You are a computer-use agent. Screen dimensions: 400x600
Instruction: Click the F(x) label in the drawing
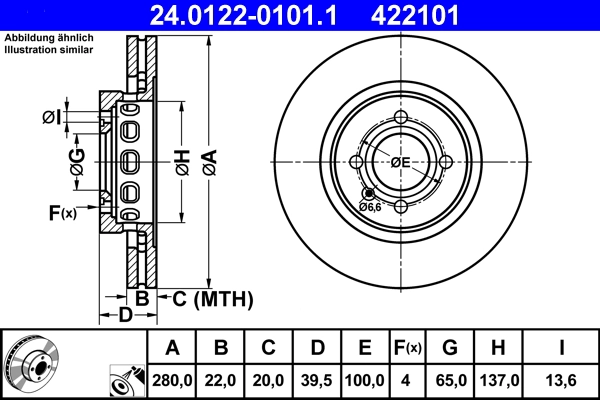pos(61,212)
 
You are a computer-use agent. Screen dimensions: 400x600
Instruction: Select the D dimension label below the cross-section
pos(125,316)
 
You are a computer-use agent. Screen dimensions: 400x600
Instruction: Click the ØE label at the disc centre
pos(401,162)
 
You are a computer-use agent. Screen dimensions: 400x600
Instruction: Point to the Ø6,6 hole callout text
pos(371,207)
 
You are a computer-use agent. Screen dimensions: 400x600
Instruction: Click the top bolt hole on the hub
pos(401,118)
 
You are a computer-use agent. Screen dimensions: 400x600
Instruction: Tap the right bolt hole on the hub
pos(445,162)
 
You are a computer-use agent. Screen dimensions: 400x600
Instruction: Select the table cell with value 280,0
pos(172,380)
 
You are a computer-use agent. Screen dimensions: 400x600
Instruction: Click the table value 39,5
pos(316,380)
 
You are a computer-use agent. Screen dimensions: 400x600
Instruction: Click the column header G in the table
pos(449,348)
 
